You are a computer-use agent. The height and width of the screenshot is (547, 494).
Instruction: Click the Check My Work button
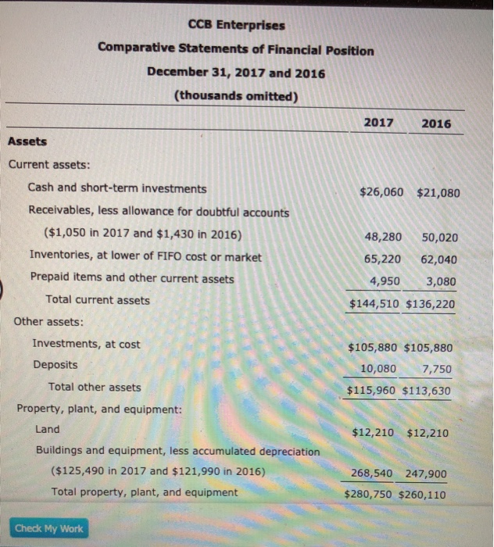click(48, 529)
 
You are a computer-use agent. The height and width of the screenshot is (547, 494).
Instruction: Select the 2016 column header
click(435, 123)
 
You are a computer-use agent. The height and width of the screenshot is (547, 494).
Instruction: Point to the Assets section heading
click(27, 141)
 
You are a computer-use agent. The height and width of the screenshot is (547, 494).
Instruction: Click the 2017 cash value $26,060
click(381, 190)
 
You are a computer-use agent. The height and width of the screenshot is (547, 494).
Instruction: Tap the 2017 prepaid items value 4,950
click(385, 281)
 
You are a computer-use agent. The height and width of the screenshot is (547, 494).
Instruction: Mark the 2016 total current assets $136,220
click(430, 303)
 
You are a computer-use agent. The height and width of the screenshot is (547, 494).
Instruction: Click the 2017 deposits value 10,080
click(378, 368)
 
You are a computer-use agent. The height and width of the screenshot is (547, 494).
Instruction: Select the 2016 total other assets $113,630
click(426, 390)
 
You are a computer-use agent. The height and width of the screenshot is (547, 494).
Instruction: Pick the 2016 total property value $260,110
click(423, 494)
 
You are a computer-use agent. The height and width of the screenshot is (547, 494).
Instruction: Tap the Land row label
click(47, 429)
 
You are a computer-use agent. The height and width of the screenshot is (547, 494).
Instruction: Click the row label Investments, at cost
click(86, 344)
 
